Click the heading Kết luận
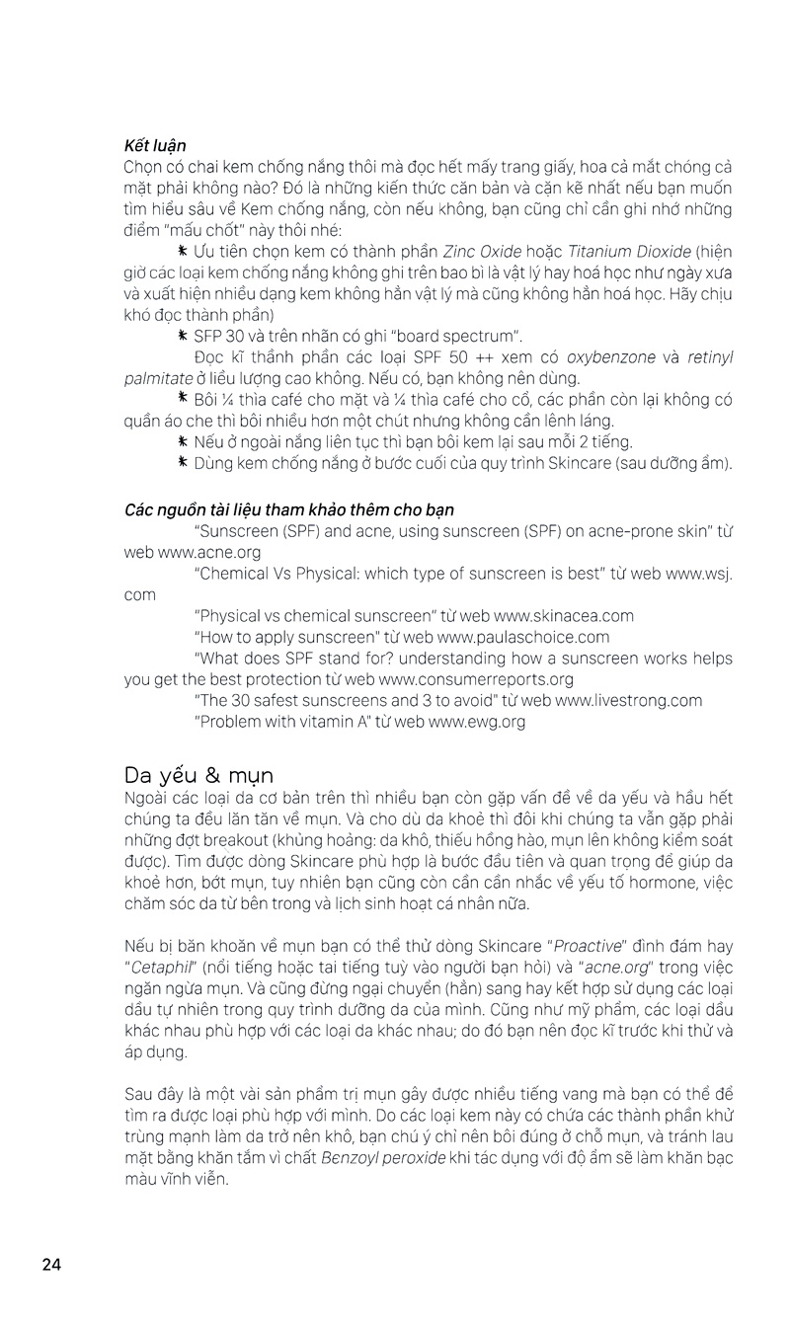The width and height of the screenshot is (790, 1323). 155,146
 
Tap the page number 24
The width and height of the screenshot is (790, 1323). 51,1264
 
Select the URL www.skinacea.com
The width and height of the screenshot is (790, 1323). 564,615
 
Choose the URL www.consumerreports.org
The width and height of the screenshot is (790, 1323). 476,679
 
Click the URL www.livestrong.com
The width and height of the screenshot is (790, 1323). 629,700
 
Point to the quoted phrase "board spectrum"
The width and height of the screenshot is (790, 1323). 454,336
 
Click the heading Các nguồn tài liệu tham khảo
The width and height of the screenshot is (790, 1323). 288,510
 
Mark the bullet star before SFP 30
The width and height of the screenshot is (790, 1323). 183,336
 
